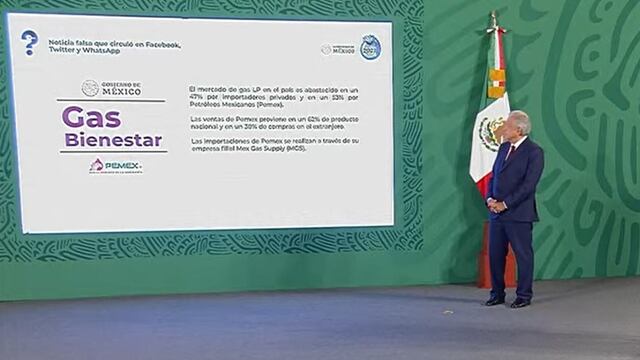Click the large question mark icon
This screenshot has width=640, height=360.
[29, 42]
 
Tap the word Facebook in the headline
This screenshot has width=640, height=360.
[162, 44]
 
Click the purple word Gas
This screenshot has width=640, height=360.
[91, 116]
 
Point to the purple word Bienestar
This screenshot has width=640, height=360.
[112, 139]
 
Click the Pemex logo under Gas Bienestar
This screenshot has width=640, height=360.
[115, 166]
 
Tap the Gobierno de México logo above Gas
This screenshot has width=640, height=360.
[111, 88]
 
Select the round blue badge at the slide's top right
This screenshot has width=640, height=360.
[370, 48]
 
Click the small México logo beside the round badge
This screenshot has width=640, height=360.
[339, 49]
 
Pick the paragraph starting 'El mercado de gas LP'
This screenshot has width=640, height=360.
[273, 96]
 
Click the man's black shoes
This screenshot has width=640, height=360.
[508, 301]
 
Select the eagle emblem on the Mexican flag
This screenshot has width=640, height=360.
[491, 130]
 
